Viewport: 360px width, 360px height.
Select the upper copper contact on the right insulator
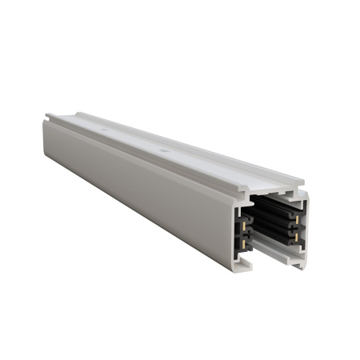point(297,219)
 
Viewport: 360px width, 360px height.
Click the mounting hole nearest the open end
point(162,150)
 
